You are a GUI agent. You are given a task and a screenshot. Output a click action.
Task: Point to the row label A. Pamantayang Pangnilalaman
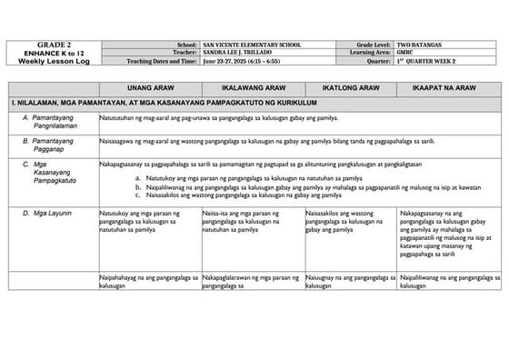pyautogui.click(x=53, y=122)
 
